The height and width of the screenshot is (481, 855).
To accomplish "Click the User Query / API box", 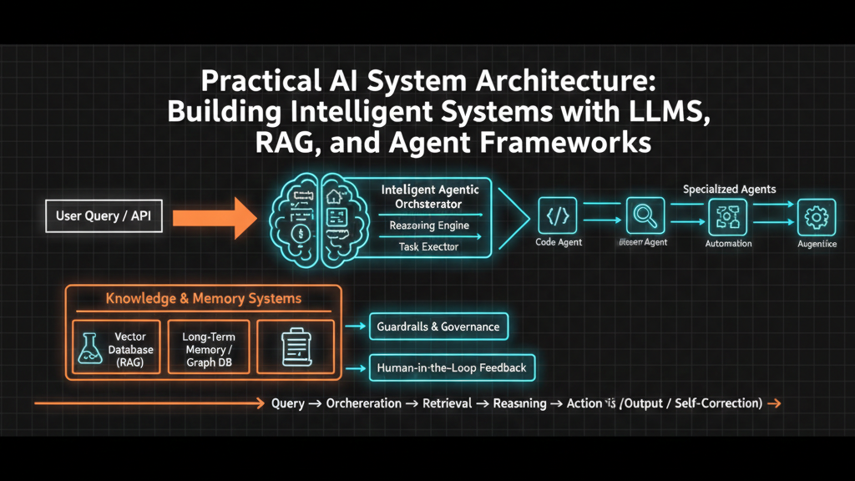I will [x=103, y=216].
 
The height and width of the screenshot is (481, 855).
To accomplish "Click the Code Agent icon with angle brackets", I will [x=558, y=215].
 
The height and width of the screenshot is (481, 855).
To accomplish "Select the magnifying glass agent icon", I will [x=644, y=215].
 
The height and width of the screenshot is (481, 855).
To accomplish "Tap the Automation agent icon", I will [x=728, y=216].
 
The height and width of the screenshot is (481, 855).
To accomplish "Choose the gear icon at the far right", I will [x=817, y=216].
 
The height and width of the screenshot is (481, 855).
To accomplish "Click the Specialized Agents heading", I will [x=729, y=189].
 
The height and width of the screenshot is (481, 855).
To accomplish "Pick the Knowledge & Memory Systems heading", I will [x=204, y=298].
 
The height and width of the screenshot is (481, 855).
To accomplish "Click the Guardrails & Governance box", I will [x=438, y=327].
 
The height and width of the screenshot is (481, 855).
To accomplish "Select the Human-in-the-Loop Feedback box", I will [x=452, y=367].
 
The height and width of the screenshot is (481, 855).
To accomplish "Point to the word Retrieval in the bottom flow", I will [x=448, y=403].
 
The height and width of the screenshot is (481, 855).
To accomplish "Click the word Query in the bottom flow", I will [x=287, y=403].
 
